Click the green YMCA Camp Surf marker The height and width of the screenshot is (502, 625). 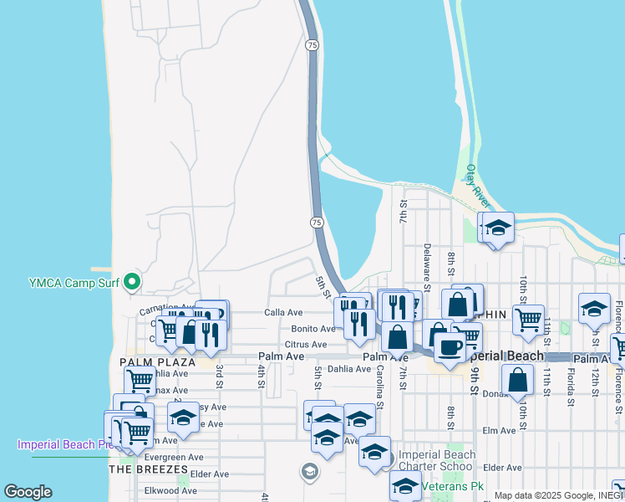point(130,284)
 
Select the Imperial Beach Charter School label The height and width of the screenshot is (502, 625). point(437,461)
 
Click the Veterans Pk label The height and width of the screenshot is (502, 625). point(452,486)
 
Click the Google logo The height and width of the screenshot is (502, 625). point(28,492)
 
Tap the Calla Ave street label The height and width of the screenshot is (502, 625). point(283,312)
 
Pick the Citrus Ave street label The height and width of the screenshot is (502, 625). point(305,344)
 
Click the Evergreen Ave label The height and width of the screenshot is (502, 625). point(174,458)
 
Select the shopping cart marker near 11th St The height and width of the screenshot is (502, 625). point(528,319)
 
